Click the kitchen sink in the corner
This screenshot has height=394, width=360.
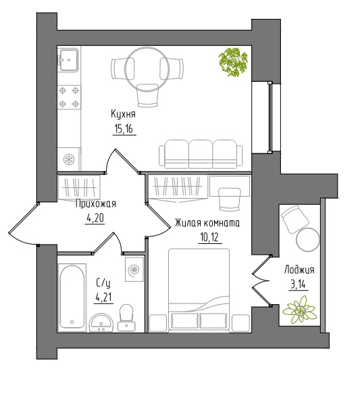coord(68,59)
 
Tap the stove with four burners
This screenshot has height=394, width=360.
coord(69,97)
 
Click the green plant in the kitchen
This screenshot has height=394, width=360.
coord(233,62)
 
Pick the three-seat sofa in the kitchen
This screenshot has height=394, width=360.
coord(201,154)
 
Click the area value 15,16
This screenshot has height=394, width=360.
coord(124,129)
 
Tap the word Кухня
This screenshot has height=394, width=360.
coord(123,114)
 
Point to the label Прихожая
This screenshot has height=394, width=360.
coord(96,204)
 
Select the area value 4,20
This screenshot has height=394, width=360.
coord(95,219)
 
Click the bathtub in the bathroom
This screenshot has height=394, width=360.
coord(72,297)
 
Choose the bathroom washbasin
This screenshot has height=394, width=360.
coord(102,323)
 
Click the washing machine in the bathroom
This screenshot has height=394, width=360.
coord(134,270)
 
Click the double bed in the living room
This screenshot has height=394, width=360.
coord(199,289)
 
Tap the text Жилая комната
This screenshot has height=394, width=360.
coord(207,223)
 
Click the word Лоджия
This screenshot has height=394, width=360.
coord(299,270)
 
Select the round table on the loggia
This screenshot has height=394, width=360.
coord(308,239)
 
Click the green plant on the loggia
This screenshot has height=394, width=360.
coord(299,310)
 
